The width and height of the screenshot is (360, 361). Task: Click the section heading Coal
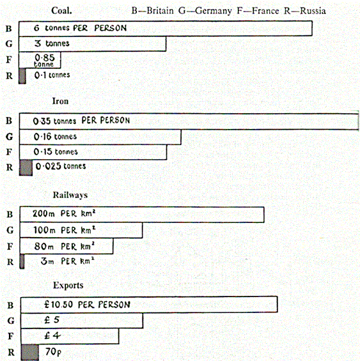tap(61, 11)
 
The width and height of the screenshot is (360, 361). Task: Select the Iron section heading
tap(60, 101)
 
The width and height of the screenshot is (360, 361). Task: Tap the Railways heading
tap(70, 195)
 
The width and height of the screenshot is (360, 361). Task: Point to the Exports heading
tap(68, 286)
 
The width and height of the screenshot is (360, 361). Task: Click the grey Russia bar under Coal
tap(22, 76)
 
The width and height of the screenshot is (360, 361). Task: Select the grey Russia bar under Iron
tap(26, 167)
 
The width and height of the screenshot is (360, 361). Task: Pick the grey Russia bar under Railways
tap(22, 261)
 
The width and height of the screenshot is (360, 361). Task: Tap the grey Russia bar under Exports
tap(29, 352)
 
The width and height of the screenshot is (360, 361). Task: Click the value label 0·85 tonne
tap(45, 60)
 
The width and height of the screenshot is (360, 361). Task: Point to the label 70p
tap(54, 352)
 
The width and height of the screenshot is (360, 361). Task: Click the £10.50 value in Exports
tap(59, 305)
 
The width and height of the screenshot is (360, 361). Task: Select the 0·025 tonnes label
tap(61, 166)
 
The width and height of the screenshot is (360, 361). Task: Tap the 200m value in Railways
tap(43, 213)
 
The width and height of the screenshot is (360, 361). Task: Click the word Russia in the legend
tap(313, 11)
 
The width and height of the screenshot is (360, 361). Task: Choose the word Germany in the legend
tap(213, 11)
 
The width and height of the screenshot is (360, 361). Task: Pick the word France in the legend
tap(265, 11)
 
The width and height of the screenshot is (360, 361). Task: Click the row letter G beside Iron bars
tap(10, 137)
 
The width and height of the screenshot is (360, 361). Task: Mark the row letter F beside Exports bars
tap(11, 336)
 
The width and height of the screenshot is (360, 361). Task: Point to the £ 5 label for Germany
tap(52, 319)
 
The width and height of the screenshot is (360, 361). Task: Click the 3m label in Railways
tap(47, 261)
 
